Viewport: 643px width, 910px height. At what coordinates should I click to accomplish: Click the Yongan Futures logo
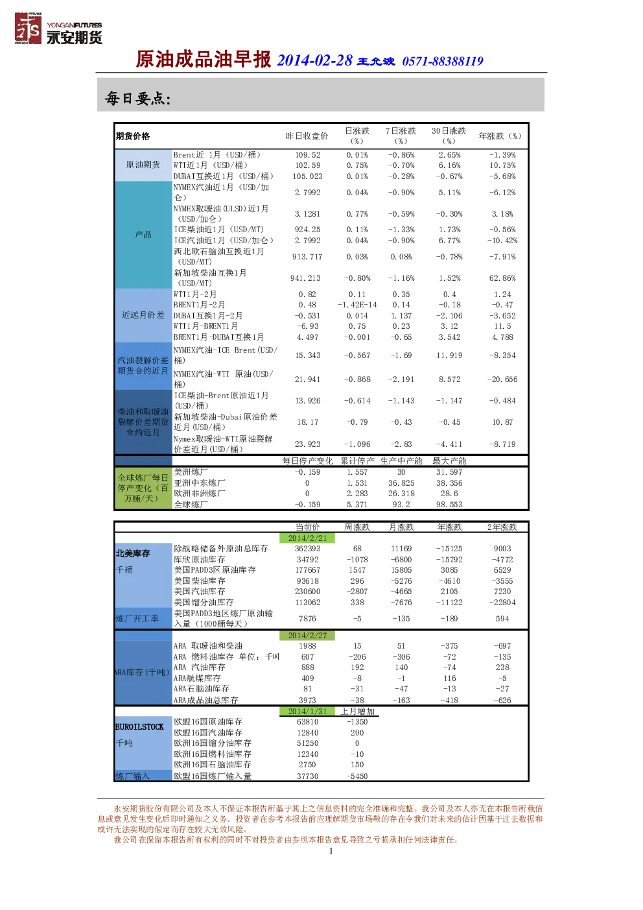pyautogui.click(x=58, y=29)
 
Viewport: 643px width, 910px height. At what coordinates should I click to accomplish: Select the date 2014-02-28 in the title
pyautogui.click(x=314, y=60)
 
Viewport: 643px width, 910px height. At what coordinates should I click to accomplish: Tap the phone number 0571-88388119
pyautogui.click(x=443, y=62)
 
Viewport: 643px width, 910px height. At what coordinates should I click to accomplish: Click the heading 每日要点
pyautogui.click(x=138, y=98)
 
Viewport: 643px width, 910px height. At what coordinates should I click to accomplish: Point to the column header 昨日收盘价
pyautogui.click(x=307, y=136)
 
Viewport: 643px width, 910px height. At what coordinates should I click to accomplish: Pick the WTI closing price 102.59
pyautogui.click(x=307, y=165)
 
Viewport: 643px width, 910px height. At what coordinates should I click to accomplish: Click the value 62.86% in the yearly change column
pyautogui.click(x=502, y=278)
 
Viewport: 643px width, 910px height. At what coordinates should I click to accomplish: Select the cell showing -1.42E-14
pyautogui.click(x=357, y=305)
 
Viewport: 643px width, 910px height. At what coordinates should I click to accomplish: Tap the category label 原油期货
pyautogui.click(x=143, y=165)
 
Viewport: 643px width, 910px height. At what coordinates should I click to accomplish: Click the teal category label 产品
pyautogui.click(x=143, y=234)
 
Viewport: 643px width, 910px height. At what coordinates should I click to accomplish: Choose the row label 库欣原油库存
pyautogui.click(x=200, y=559)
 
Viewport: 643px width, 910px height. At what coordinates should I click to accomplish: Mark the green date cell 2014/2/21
pyautogui.click(x=307, y=538)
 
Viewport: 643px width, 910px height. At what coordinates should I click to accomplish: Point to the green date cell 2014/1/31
pyautogui.click(x=307, y=712)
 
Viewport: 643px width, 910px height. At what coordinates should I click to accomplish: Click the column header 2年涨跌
pyautogui.click(x=502, y=527)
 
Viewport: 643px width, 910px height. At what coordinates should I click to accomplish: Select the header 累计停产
pyautogui.click(x=357, y=461)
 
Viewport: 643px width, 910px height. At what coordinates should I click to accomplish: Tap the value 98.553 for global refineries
pyautogui.click(x=449, y=505)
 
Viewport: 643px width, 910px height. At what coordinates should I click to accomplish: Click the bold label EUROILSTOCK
pyautogui.click(x=139, y=727)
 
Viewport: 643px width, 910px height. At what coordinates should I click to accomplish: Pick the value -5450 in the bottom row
pyautogui.click(x=357, y=776)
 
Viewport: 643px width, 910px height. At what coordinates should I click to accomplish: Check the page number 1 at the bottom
pyautogui.click(x=331, y=852)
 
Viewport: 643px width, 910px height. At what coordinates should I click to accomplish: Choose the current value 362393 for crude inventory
pyautogui.click(x=307, y=549)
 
